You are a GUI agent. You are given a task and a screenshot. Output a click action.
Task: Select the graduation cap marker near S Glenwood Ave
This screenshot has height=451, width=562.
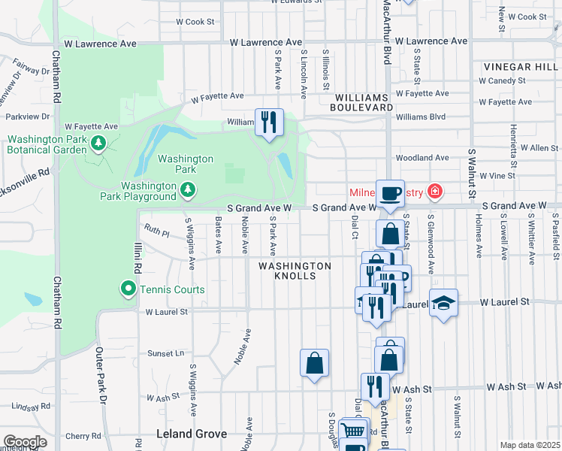coord(444,303)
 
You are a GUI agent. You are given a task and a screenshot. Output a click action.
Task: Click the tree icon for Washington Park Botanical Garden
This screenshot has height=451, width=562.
coord(97,141)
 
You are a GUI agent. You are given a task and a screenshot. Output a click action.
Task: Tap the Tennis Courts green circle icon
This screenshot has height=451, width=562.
coord(128,289)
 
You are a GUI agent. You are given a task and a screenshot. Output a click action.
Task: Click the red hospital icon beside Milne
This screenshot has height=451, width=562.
coord(434,193)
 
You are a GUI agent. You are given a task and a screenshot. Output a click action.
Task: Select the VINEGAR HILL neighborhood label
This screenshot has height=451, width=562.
coord(517,66)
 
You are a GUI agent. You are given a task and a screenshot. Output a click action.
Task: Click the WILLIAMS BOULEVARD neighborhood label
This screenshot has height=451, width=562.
coord(364,103)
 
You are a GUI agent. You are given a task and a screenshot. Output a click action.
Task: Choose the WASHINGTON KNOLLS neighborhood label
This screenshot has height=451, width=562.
coord(295,271)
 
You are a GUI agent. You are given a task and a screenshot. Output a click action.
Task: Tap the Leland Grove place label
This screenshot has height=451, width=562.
coord(186,434)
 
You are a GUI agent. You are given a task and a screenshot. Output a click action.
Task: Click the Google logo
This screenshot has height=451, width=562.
coord(25,442)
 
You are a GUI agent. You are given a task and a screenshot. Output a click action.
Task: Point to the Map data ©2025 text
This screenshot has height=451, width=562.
coord(530,445)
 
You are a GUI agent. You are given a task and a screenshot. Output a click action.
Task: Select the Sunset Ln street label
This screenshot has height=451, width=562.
coord(165,353)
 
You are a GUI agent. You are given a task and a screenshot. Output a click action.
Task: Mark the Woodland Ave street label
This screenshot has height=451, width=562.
coord(421,158)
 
